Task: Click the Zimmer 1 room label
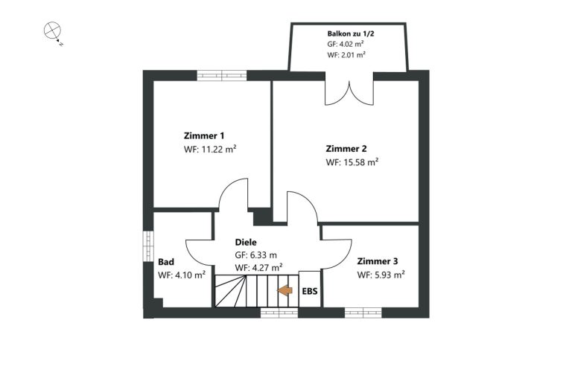(204, 136)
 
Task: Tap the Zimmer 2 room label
(346, 149)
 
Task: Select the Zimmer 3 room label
(378, 261)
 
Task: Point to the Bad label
(166, 262)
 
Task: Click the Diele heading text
(246, 242)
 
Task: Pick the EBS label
(310, 291)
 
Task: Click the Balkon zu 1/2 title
(351, 34)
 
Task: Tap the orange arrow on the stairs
(285, 290)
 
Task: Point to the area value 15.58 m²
(360, 162)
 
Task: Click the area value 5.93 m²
(390, 275)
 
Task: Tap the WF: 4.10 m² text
(182, 275)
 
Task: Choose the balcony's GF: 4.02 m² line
(345, 44)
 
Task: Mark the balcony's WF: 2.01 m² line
(346, 54)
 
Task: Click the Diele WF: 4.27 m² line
(258, 268)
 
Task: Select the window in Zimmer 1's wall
(222, 75)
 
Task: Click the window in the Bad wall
(148, 246)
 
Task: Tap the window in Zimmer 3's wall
(363, 313)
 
